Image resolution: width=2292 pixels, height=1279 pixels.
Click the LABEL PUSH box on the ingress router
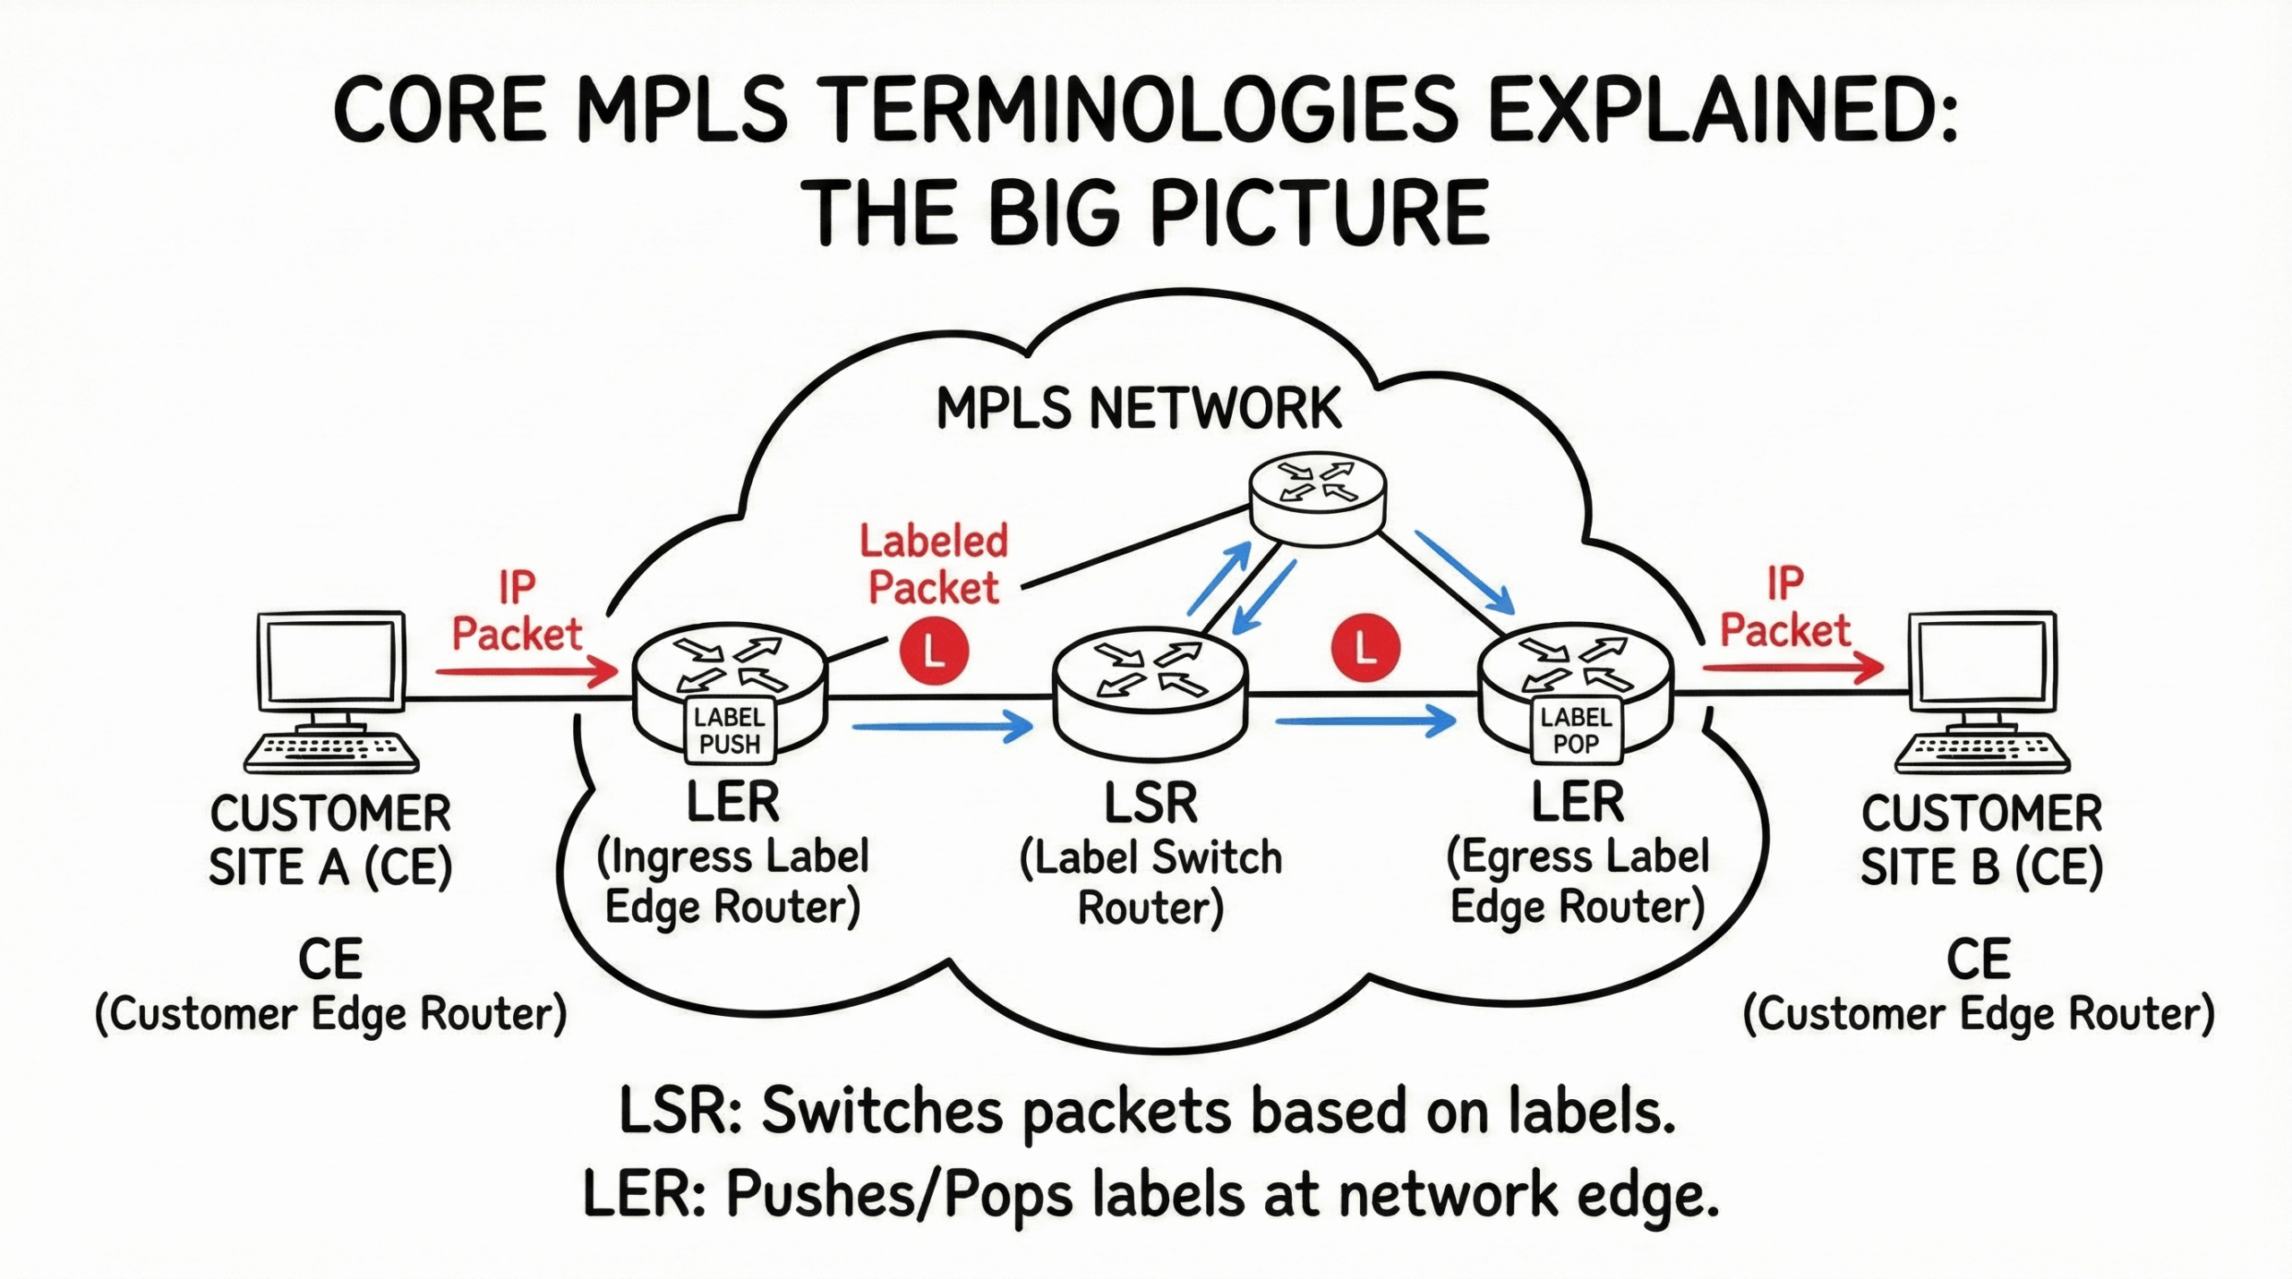tap(729, 730)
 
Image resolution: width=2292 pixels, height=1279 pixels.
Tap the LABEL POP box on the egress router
tap(1576, 729)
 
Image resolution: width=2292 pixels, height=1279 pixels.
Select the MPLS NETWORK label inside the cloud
tap(1138, 408)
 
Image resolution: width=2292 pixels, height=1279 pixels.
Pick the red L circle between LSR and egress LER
tap(1365, 646)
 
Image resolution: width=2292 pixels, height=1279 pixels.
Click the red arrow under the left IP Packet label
tap(526, 671)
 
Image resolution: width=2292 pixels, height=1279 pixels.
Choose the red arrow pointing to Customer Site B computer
tap(1792, 668)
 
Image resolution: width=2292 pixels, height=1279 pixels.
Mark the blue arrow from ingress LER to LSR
tap(942, 726)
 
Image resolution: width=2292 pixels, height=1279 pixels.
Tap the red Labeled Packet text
tap(934, 565)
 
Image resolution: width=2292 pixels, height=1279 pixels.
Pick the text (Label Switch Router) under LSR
tap(1150, 883)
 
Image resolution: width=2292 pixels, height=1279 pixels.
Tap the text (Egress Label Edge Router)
tap(1577, 882)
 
